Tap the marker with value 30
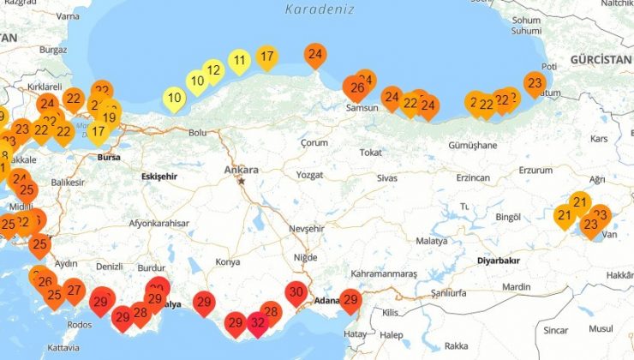[x=296, y=293]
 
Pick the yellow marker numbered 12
[x=214, y=70]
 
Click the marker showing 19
[x=109, y=118]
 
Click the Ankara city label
[x=241, y=171]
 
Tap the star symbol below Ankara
[x=242, y=181]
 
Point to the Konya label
[x=228, y=261]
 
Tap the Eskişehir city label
[x=163, y=177]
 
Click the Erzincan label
[x=473, y=177]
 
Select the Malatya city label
[x=433, y=242]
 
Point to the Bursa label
[x=109, y=158]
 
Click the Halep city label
[x=392, y=335]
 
